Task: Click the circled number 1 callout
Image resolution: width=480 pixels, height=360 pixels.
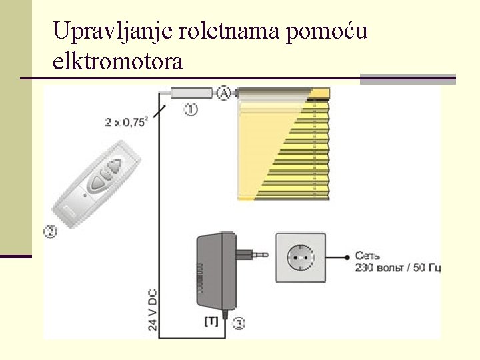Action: coord(191,109)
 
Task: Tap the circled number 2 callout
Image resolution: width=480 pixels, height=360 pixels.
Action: coord(50,231)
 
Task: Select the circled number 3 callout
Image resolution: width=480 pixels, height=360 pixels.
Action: coord(239,323)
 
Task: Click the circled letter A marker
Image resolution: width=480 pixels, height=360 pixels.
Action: coord(225,93)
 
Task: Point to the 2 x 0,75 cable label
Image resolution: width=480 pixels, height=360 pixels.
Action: coord(126,121)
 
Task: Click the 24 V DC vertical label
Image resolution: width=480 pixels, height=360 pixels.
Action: coord(153,308)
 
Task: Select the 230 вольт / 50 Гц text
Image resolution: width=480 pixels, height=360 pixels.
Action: coord(397,268)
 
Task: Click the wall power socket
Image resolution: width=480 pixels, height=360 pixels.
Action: coord(300,257)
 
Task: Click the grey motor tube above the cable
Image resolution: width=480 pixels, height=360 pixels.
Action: coord(191,93)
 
